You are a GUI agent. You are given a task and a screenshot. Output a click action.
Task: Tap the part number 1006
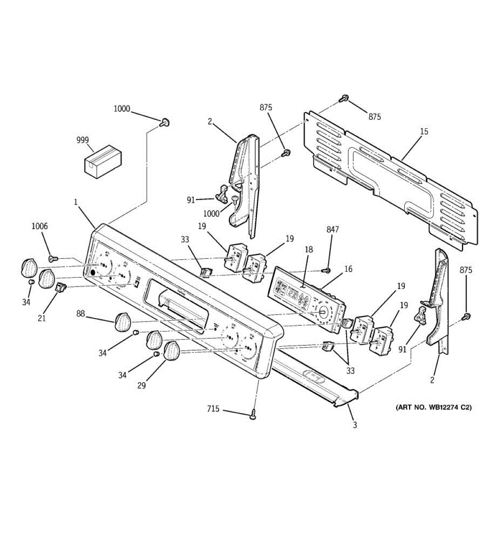click(x=39, y=226)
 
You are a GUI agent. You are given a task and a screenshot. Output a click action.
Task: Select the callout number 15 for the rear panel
click(x=424, y=131)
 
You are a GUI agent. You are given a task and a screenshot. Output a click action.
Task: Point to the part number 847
click(x=332, y=230)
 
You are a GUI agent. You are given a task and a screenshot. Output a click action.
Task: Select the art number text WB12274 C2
click(x=433, y=407)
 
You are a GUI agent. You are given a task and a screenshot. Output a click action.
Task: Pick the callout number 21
click(x=41, y=318)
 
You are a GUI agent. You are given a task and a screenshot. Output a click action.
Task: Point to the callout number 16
click(x=348, y=269)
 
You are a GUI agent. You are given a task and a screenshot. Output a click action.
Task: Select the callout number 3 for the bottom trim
click(x=355, y=425)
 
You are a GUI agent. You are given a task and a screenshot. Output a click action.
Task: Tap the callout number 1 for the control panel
click(x=76, y=202)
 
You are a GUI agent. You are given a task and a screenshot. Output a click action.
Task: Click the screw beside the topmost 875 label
click(x=343, y=99)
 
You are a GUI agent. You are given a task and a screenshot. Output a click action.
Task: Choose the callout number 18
click(x=310, y=250)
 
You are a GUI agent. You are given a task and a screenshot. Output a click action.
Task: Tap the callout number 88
click(x=80, y=314)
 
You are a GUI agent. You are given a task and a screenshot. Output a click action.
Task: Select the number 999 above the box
click(x=82, y=140)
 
